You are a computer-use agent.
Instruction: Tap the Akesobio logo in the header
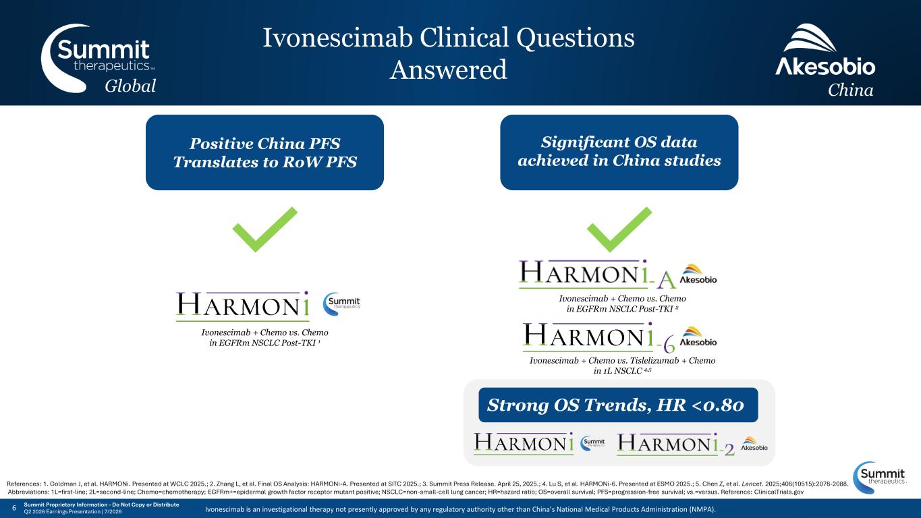825,50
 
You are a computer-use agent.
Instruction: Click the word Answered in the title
448,69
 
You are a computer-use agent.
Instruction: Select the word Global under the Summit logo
130,86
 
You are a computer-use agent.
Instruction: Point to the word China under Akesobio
850,90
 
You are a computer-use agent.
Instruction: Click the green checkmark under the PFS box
264,229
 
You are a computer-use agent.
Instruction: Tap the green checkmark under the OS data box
619,229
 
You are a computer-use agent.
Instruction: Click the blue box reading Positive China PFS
264,152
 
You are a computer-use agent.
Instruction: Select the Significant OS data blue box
619,152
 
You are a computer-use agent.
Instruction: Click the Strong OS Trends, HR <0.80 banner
618,405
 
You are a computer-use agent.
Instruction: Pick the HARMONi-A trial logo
597,275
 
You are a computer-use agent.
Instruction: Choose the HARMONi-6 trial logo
598,337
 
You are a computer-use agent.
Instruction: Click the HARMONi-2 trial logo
675,444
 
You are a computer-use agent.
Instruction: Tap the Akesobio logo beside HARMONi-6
698,337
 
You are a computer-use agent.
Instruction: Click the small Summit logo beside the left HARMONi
341,304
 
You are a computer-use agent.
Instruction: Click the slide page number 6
14,508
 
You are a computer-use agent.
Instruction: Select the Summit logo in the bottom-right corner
879,478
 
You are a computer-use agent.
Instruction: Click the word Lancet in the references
752,484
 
